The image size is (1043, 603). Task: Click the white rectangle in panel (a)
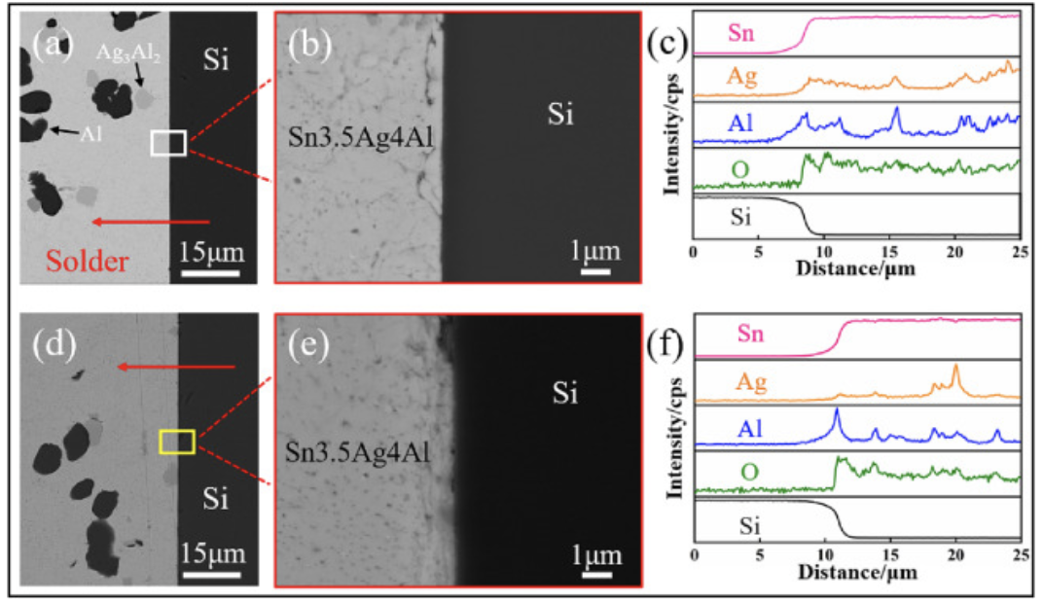click(x=168, y=144)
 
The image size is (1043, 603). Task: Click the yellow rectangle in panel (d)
click(x=177, y=443)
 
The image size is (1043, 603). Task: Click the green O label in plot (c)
click(x=741, y=171)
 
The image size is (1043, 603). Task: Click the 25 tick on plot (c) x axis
click(x=1018, y=255)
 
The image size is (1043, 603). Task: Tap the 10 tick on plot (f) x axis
click(x=824, y=553)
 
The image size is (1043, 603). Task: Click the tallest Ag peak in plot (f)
click(x=955, y=367)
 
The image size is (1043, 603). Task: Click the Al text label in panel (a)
click(x=91, y=132)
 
